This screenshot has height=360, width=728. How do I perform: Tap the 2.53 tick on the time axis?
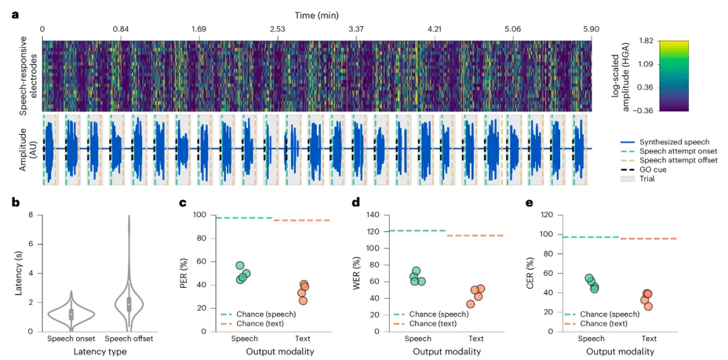point(277,30)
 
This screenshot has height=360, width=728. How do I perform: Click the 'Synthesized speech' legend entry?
point(674,142)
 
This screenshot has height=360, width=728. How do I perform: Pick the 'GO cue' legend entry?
point(653,169)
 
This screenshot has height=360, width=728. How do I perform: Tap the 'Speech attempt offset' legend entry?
point(678,160)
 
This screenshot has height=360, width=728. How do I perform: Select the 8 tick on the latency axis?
point(30,215)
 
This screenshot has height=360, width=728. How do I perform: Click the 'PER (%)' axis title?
point(183,273)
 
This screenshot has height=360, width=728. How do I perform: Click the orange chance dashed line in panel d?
point(475,235)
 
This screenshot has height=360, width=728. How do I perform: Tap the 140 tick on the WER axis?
point(372,215)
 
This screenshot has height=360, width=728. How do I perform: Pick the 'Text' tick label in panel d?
point(476,338)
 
